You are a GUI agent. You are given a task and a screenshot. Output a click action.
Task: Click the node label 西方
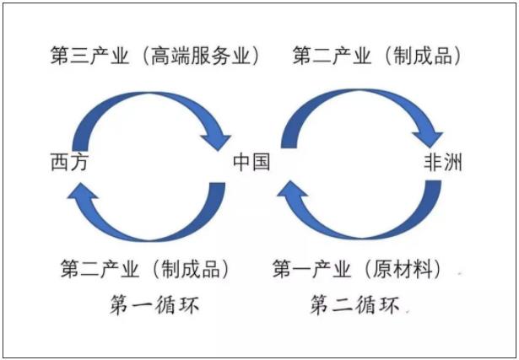(x=69, y=162)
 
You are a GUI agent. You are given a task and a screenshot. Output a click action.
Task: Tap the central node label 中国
(x=251, y=162)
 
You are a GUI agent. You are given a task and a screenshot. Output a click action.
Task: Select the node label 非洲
(x=443, y=162)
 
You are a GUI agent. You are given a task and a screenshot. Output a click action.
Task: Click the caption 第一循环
(x=154, y=305)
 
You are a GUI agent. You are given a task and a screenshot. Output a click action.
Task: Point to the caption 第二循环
(x=354, y=305)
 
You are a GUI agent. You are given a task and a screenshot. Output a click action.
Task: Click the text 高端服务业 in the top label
(x=200, y=55)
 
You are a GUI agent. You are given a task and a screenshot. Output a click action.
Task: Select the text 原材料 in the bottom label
(x=403, y=269)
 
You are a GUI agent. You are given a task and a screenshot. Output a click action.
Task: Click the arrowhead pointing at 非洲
(x=428, y=139)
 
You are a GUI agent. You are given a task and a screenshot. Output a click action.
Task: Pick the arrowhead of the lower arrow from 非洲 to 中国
(x=292, y=191)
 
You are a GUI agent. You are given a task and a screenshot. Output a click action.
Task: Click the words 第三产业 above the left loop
(x=89, y=55)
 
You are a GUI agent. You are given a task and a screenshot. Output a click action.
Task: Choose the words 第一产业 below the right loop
(x=311, y=269)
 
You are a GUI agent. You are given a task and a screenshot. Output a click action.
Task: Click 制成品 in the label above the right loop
(x=423, y=55)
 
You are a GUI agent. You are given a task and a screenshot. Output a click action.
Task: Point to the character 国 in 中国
(x=261, y=162)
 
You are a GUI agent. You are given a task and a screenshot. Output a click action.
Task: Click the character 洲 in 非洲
(x=452, y=162)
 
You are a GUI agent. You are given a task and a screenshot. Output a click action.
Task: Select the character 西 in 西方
(x=60, y=162)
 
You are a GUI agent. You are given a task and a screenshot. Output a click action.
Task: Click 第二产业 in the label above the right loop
(x=332, y=55)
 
